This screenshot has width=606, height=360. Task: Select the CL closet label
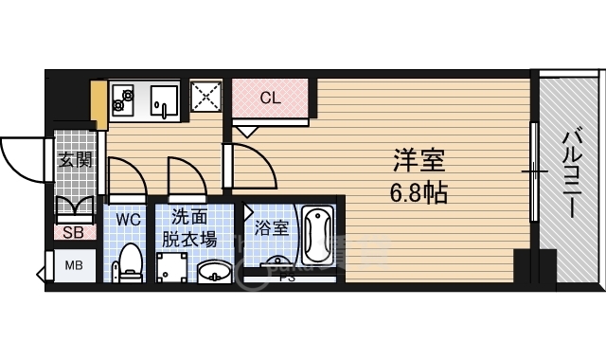pyautogui.click(x=270, y=96)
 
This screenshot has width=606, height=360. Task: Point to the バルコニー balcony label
pyautogui.click(x=571, y=176)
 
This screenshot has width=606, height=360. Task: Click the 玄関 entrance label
pyautogui.click(x=75, y=160)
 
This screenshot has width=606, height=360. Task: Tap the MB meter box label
pyautogui.click(x=73, y=265)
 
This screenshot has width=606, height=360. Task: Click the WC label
pyautogui.click(x=128, y=219)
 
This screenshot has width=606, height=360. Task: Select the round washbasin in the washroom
pyautogui.click(x=216, y=272)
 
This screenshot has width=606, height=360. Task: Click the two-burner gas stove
pyautogui.click(x=124, y=97)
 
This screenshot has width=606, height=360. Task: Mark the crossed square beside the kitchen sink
pyautogui.click(x=205, y=96)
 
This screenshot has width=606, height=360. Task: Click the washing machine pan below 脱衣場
pyautogui.click(x=171, y=267)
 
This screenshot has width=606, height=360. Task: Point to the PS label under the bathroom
pyautogui.click(x=285, y=278)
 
